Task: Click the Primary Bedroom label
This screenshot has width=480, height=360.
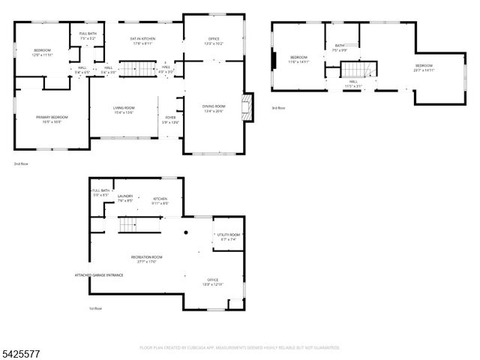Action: tap(52, 118)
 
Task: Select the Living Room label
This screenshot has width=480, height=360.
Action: tap(123, 110)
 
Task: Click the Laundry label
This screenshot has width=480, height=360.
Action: tap(124, 199)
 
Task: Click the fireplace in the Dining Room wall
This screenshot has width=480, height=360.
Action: tap(245, 106)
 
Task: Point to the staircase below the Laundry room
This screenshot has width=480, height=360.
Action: tap(130, 223)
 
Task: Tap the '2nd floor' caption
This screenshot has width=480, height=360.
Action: tap(20, 163)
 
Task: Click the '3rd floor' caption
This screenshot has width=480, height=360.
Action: tap(278, 108)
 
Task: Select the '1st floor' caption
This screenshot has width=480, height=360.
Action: tap(95, 308)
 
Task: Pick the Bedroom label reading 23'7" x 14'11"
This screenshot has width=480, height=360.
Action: tap(424, 67)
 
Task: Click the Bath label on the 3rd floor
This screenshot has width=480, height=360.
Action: tap(340, 47)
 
